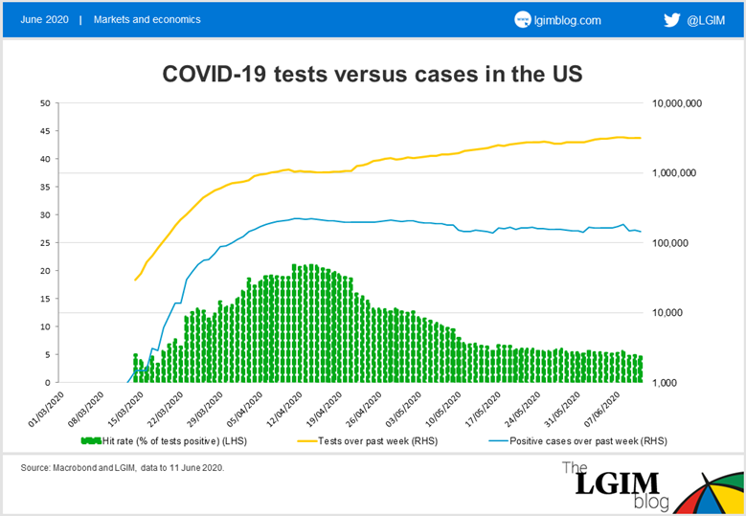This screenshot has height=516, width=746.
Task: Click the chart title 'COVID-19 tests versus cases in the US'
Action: (x=373, y=74)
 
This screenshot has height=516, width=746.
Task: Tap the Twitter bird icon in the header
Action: (x=671, y=20)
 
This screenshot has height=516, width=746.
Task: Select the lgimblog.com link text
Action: (x=567, y=20)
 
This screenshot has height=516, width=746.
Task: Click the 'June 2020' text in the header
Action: (x=44, y=19)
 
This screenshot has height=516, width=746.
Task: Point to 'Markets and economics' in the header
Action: (x=147, y=19)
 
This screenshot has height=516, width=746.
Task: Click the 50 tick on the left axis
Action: (x=45, y=103)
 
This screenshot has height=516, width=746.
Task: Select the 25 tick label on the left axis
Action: (x=45, y=243)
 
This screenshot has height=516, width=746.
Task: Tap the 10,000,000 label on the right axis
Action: (x=676, y=103)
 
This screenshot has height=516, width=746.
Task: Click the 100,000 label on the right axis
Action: (x=670, y=243)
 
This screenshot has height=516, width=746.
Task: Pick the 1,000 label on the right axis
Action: (x=665, y=383)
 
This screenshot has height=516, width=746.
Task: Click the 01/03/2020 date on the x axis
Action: (x=46, y=409)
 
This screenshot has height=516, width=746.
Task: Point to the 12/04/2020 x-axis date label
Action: (x=284, y=409)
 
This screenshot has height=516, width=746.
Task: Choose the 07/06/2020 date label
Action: (x=602, y=409)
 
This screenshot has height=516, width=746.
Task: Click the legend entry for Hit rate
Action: (x=164, y=441)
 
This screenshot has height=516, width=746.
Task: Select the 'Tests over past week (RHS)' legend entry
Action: (x=368, y=441)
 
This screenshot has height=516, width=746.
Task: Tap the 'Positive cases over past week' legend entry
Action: (x=578, y=441)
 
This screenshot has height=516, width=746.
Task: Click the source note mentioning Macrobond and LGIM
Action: (x=123, y=467)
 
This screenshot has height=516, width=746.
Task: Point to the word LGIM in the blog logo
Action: (x=617, y=483)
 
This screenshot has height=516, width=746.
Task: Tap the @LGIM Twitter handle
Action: (x=706, y=20)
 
